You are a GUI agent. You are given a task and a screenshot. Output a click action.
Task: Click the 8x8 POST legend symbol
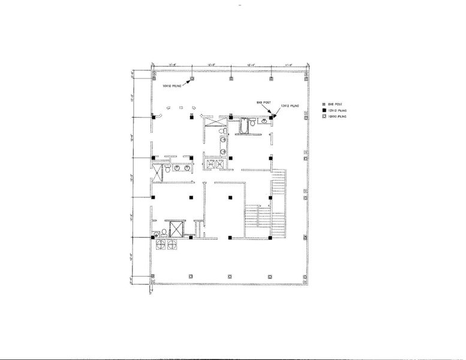click(324, 104)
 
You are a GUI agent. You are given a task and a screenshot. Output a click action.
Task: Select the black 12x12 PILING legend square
click(324, 112)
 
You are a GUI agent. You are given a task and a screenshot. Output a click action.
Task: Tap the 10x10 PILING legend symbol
click(324, 119)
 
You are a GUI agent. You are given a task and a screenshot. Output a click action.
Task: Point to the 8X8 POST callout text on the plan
click(259, 103)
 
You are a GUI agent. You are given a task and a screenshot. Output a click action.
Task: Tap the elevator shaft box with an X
click(176, 228)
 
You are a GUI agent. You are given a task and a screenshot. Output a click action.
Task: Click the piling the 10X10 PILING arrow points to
click(191, 79)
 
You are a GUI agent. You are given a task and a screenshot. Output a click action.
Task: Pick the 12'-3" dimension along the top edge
click(212, 65)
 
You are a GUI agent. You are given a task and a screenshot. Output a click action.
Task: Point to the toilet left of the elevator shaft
click(157, 235)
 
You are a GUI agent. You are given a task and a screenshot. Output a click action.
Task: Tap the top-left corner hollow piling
click(153, 79)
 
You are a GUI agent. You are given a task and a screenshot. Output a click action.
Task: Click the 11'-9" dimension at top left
click(172, 65)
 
